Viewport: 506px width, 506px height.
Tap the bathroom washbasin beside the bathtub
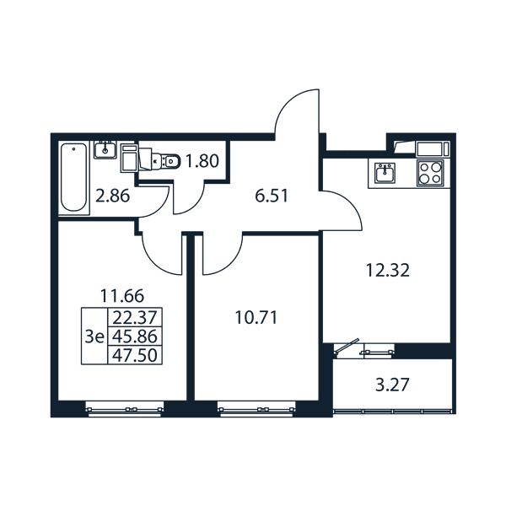[105, 150]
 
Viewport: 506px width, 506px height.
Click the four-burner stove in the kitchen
[430, 173]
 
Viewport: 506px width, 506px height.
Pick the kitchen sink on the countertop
[385, 173]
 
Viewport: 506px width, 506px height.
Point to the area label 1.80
[202, 161]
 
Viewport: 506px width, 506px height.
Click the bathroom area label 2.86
[113, 196]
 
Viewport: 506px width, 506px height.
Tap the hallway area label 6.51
[271, 196]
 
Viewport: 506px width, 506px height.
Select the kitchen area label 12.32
[388, 270]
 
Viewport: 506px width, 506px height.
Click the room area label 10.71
[256, 318]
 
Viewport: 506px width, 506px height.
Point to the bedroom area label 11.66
[122, 296]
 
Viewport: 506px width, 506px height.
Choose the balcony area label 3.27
[392, 385]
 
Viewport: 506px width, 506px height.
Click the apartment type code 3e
[94, 336]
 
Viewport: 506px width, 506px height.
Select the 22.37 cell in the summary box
[135, 318]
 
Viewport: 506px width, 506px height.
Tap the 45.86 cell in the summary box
[135, 336]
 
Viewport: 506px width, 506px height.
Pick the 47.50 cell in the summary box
[135, 355]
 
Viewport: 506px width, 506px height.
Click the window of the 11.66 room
[125, 409]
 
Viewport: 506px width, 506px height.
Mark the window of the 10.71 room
[257, 409]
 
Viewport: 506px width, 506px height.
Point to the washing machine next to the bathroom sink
[129, 158]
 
